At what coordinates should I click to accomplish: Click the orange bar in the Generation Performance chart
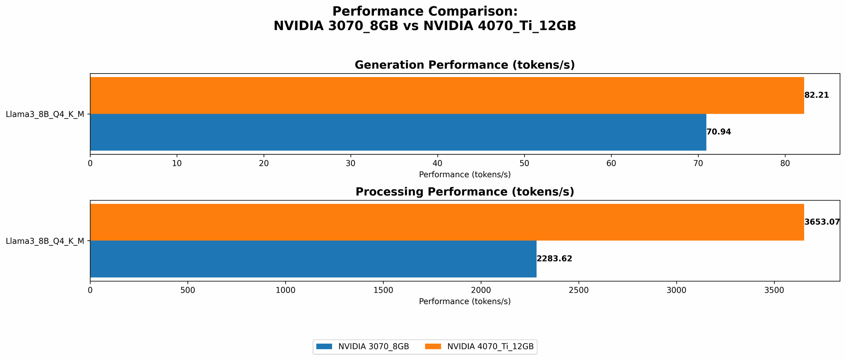click(447, 95)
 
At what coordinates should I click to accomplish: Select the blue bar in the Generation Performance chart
click(398, 132)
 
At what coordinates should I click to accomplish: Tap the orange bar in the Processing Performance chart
click(447, 222)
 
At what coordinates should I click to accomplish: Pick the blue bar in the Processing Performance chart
click(313, 259)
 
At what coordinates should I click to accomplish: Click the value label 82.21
click(816, 95)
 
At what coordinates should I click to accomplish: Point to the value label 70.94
click(719, 132)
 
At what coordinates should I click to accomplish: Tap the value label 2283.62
click(554, 259)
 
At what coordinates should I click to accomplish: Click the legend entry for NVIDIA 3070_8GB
click(373, 346)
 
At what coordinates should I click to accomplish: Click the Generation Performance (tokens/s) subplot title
click(464, 65)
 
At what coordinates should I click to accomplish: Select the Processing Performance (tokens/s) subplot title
click(464, 192)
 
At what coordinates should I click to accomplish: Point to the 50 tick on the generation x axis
click(524, 163)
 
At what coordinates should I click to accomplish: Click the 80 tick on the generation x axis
click(785, 163)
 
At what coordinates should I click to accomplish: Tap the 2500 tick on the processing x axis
click(579, 290)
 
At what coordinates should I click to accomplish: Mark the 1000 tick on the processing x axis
click(286, 290)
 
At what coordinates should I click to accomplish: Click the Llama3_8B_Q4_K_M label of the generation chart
click(45, 114)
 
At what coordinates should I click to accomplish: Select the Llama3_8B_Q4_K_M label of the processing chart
click(45, 241)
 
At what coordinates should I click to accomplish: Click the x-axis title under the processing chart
click(464, 302)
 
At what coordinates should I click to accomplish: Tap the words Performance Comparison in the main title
click(425, 11)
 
